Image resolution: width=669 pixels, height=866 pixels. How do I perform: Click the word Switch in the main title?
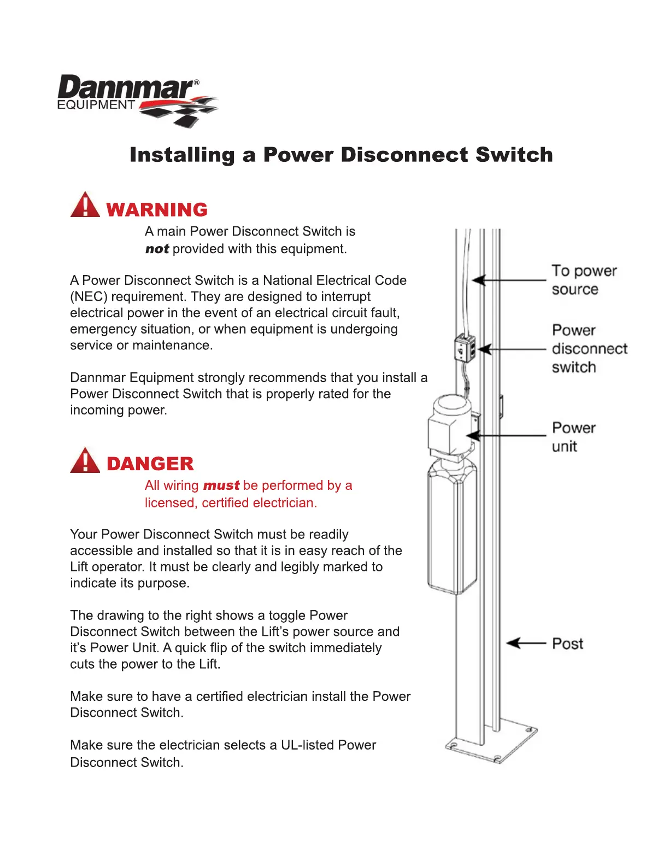point(514,155)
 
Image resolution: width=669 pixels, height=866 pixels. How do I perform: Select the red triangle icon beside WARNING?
point(85,205)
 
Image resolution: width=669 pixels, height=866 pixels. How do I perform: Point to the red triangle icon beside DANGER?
point(85,460)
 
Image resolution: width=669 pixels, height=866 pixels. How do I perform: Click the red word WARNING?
point(157,209)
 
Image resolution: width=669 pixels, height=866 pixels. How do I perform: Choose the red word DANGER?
point(150,464)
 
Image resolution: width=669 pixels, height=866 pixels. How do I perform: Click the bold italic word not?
point(157,249)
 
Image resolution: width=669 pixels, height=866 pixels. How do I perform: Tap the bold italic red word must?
point(221,485)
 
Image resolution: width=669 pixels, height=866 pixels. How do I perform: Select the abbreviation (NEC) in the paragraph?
point(88,297)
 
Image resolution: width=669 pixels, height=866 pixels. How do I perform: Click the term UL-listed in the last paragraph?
point(307,745)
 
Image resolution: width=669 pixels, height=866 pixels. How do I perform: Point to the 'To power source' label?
point(583,280)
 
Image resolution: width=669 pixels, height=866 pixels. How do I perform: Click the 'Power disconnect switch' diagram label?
point(589,349)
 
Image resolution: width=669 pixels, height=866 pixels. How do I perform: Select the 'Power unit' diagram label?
point(573,437)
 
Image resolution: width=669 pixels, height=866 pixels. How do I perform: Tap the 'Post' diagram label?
point(567,644)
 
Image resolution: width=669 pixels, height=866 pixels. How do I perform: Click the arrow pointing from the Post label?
point(526,643)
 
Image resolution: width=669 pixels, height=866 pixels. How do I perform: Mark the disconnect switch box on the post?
point(465,348)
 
